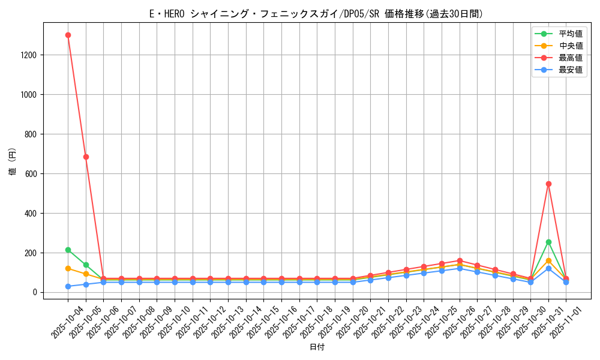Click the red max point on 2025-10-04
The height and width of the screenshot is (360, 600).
[x=68, y=35]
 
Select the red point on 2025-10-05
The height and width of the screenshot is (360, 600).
[x=86, y=157]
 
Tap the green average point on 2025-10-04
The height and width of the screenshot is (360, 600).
[x=68, y=250]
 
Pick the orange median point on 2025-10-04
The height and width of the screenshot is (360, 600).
[x=68, y=268]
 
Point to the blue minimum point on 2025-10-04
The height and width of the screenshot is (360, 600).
[x=68, y=286]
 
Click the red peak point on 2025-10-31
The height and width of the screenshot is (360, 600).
[x=548, y=184]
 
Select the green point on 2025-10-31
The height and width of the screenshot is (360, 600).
[x=548, y=242]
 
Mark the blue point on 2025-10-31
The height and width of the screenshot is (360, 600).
[x=548, y=268]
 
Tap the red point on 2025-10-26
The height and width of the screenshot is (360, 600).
[x=460, y=261]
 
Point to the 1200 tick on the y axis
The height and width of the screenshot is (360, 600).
[x=28, y=55]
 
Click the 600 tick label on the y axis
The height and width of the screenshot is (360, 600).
[x=31, y=174]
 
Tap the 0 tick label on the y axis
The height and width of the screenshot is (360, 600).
[x=35, y=293]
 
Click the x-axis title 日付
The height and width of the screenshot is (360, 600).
[x=317, y=347]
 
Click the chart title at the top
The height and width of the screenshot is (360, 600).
[x=316, y=14]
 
